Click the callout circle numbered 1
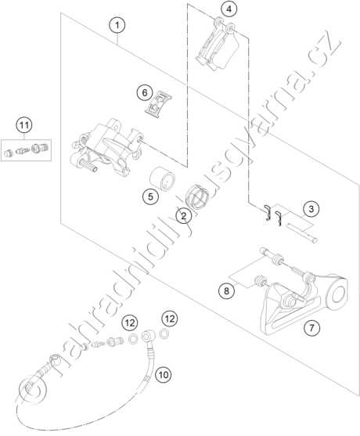(x=117, y=26)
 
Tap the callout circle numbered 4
(x=229, y=9)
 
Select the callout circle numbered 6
(x=145, y=92)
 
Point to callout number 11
(x=24, y=125)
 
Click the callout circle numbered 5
(x=150, y=197)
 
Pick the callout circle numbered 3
(x=311, y=208)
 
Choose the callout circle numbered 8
(x=226, y=291)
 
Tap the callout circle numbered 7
(x=311, y=328)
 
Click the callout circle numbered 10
(x=164, y=375)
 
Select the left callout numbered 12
(x=130, y=322)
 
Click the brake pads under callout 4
(x=218, y=45)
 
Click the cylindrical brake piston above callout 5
(x=162, y=178)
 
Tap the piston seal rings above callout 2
(x=197, y=196)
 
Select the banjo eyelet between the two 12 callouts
(x=146, y=337)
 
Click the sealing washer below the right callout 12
(x=164, y=333)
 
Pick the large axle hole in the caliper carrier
(x=338, y=295)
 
